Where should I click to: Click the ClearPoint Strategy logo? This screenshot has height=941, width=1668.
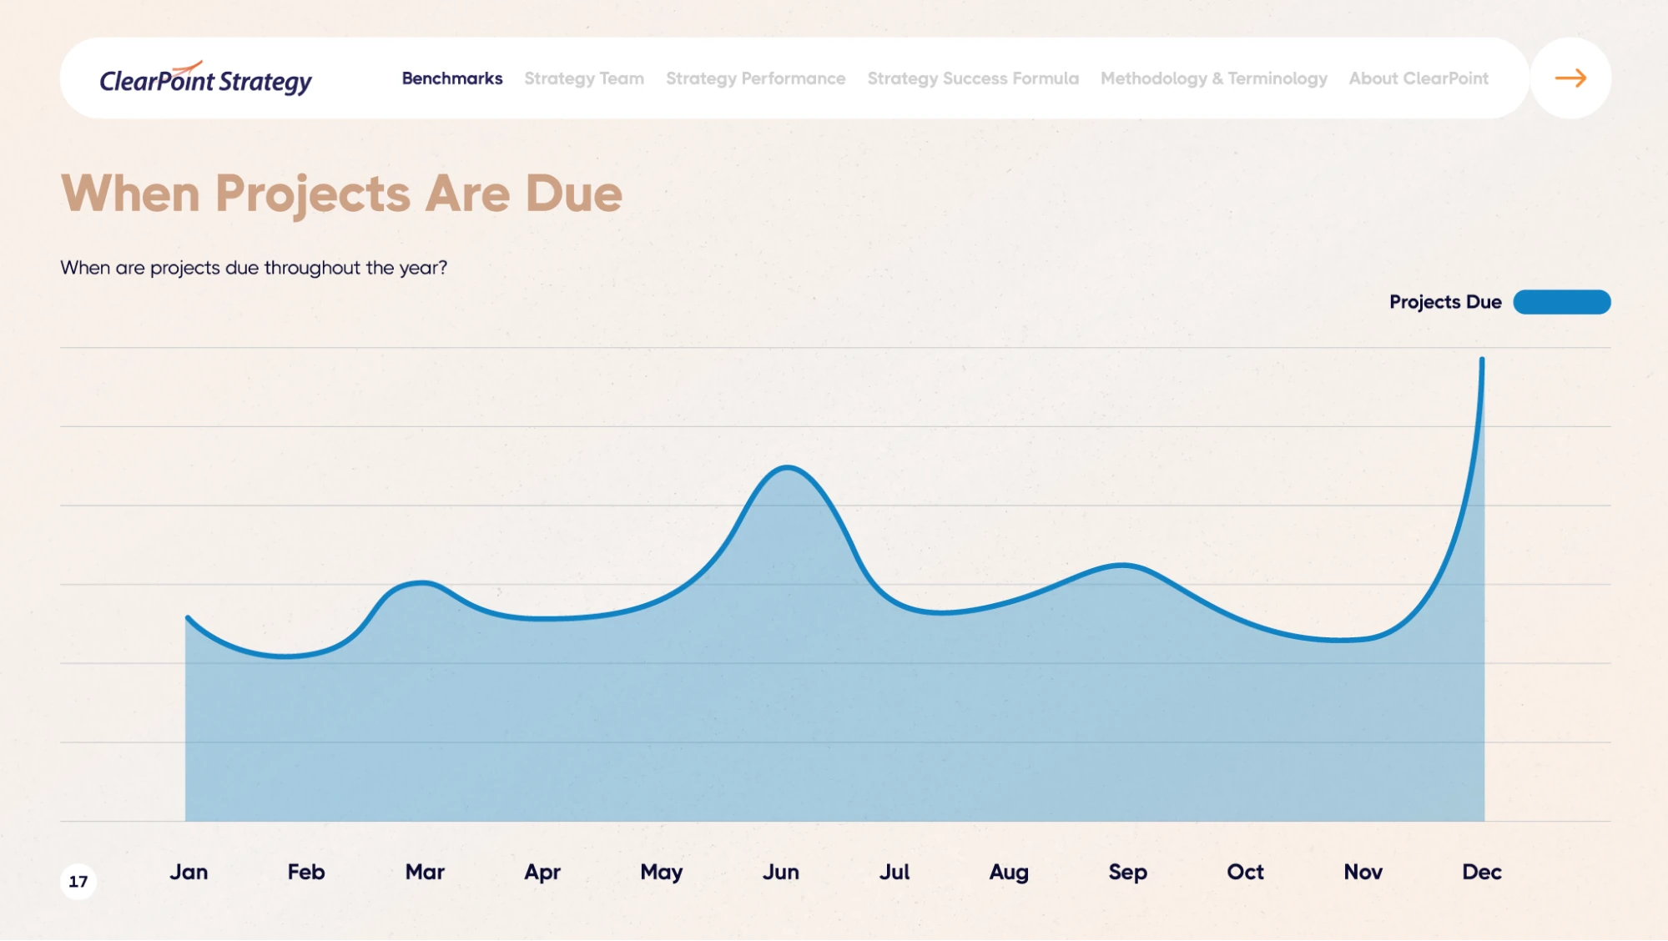point(205,79)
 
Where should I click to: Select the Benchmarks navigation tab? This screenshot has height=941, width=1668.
point(452,78)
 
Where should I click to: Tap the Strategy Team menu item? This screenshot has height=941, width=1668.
point(584,78)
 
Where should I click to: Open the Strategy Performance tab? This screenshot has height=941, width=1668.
point(755,78)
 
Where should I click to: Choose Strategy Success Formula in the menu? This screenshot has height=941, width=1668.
point(973,78)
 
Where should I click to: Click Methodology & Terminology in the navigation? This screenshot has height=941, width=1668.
point(1213,78)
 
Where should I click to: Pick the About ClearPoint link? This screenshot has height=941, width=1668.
point(1419,78)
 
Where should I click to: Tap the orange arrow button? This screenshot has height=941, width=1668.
point(1570,78)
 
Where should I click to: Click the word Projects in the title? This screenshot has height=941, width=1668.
point(313,194)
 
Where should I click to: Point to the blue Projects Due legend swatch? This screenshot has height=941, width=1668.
point(1561,302)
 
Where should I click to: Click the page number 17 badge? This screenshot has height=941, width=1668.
point(78,881)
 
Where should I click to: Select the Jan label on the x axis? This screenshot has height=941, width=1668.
point(189,872)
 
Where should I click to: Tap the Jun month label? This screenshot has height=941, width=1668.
point(780,872)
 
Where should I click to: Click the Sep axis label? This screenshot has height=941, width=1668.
point(1127,872)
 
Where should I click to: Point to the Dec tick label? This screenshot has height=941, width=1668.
point(1481,872)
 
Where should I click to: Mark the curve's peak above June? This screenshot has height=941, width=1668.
point(787,468)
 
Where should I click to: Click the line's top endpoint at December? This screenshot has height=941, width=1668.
point(1482,360)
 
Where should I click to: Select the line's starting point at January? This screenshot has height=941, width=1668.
point(188,618)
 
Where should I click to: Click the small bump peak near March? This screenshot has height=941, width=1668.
point(421,582)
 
